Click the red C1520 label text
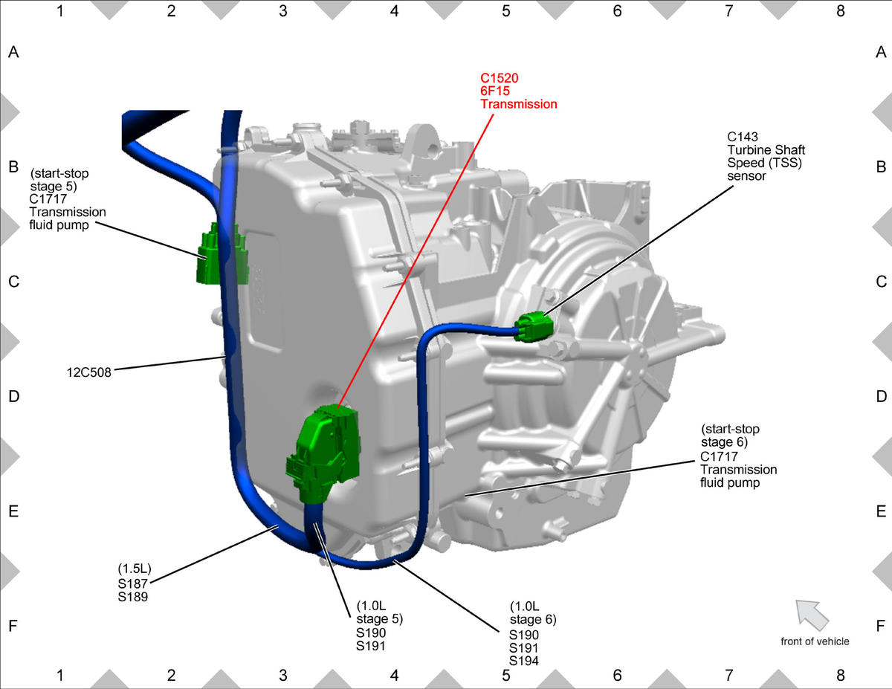click(x=500, y=78)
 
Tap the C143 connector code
click(x=743, y=137)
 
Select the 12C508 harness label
click(x=89, y=372)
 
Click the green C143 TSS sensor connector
click(x=534, y=326)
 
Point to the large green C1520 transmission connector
click(x=324, y=453)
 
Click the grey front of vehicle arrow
click(x=812, y=615)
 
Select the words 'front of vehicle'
click(x=815, y=641)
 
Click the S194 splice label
click(x=524, y=661)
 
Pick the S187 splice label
click(x=132, y=583)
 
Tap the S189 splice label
click(x=132, y=597)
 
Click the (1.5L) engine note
click(x=135, y=569)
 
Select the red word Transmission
click(x=519, y=104)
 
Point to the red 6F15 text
click(x=495, y=91)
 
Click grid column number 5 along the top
click(x=506, y=11)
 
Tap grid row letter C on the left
click(x=13, y=282)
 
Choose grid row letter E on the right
click(x=881, y=511)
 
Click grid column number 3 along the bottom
click(x=282, y=675)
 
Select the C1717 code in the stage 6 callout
click(x=719, y=457)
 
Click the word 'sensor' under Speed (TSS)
click(x=747, y=176)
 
